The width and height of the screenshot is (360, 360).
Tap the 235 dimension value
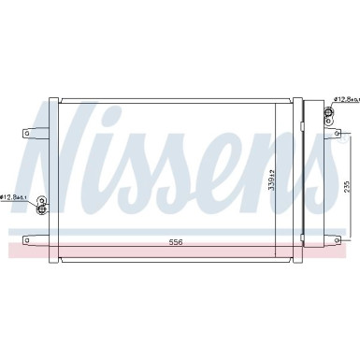tap(346, 185)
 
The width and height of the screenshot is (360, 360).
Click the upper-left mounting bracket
tap(31, 132)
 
